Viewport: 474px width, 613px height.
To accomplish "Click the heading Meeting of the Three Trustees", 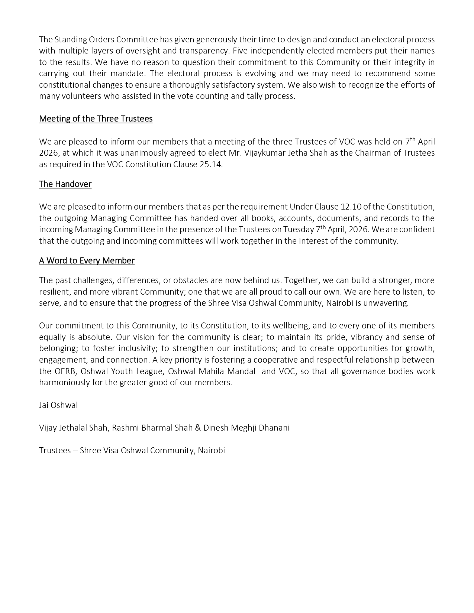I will [x=96, y=119].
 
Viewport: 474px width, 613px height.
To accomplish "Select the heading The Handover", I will [x=65, y=184].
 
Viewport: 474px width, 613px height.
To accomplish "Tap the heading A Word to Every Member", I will [x=87, y=261].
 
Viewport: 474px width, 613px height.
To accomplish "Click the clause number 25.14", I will [x=210, y=165].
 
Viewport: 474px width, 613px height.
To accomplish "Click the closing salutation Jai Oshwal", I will [x=58, y=405].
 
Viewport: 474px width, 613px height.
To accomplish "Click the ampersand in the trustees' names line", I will [x=196, y=428].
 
